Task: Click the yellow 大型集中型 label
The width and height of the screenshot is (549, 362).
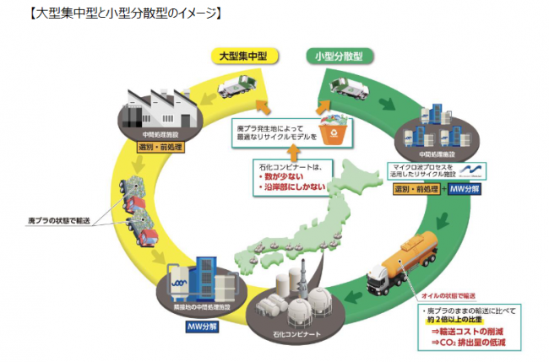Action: click(242, 57)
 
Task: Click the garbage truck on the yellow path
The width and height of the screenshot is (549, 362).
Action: click(239, 86)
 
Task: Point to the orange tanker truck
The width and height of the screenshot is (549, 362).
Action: click(404, 257)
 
